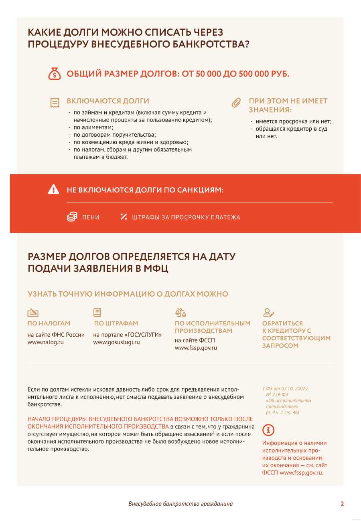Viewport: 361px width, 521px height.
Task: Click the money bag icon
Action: [55, 74]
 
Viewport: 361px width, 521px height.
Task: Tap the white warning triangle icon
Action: [53, 190]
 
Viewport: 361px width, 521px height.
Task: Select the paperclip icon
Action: [236, 103]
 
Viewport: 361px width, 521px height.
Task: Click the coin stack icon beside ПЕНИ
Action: [72, 217]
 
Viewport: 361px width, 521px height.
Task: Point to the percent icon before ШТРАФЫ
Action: [124, 217]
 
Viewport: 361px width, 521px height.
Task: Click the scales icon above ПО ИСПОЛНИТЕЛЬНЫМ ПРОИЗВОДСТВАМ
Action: [180, 313]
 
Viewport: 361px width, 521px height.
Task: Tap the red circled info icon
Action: [268, 430]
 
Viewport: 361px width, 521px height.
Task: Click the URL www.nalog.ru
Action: [45, 342]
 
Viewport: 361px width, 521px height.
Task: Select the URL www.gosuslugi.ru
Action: [116, 342]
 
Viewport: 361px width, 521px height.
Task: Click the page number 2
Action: [342, 504]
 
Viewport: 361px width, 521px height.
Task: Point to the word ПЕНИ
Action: [91, 217]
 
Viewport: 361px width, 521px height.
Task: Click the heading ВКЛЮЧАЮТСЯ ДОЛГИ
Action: [108, 101]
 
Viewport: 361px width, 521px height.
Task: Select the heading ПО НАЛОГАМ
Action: [49, 323]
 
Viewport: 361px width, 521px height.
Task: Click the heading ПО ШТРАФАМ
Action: [116, 323]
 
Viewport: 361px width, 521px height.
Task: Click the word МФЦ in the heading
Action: [156, 269]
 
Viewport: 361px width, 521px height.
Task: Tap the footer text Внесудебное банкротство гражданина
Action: [180, 504]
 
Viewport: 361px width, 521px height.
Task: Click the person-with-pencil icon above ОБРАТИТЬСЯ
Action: [268, 313]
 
